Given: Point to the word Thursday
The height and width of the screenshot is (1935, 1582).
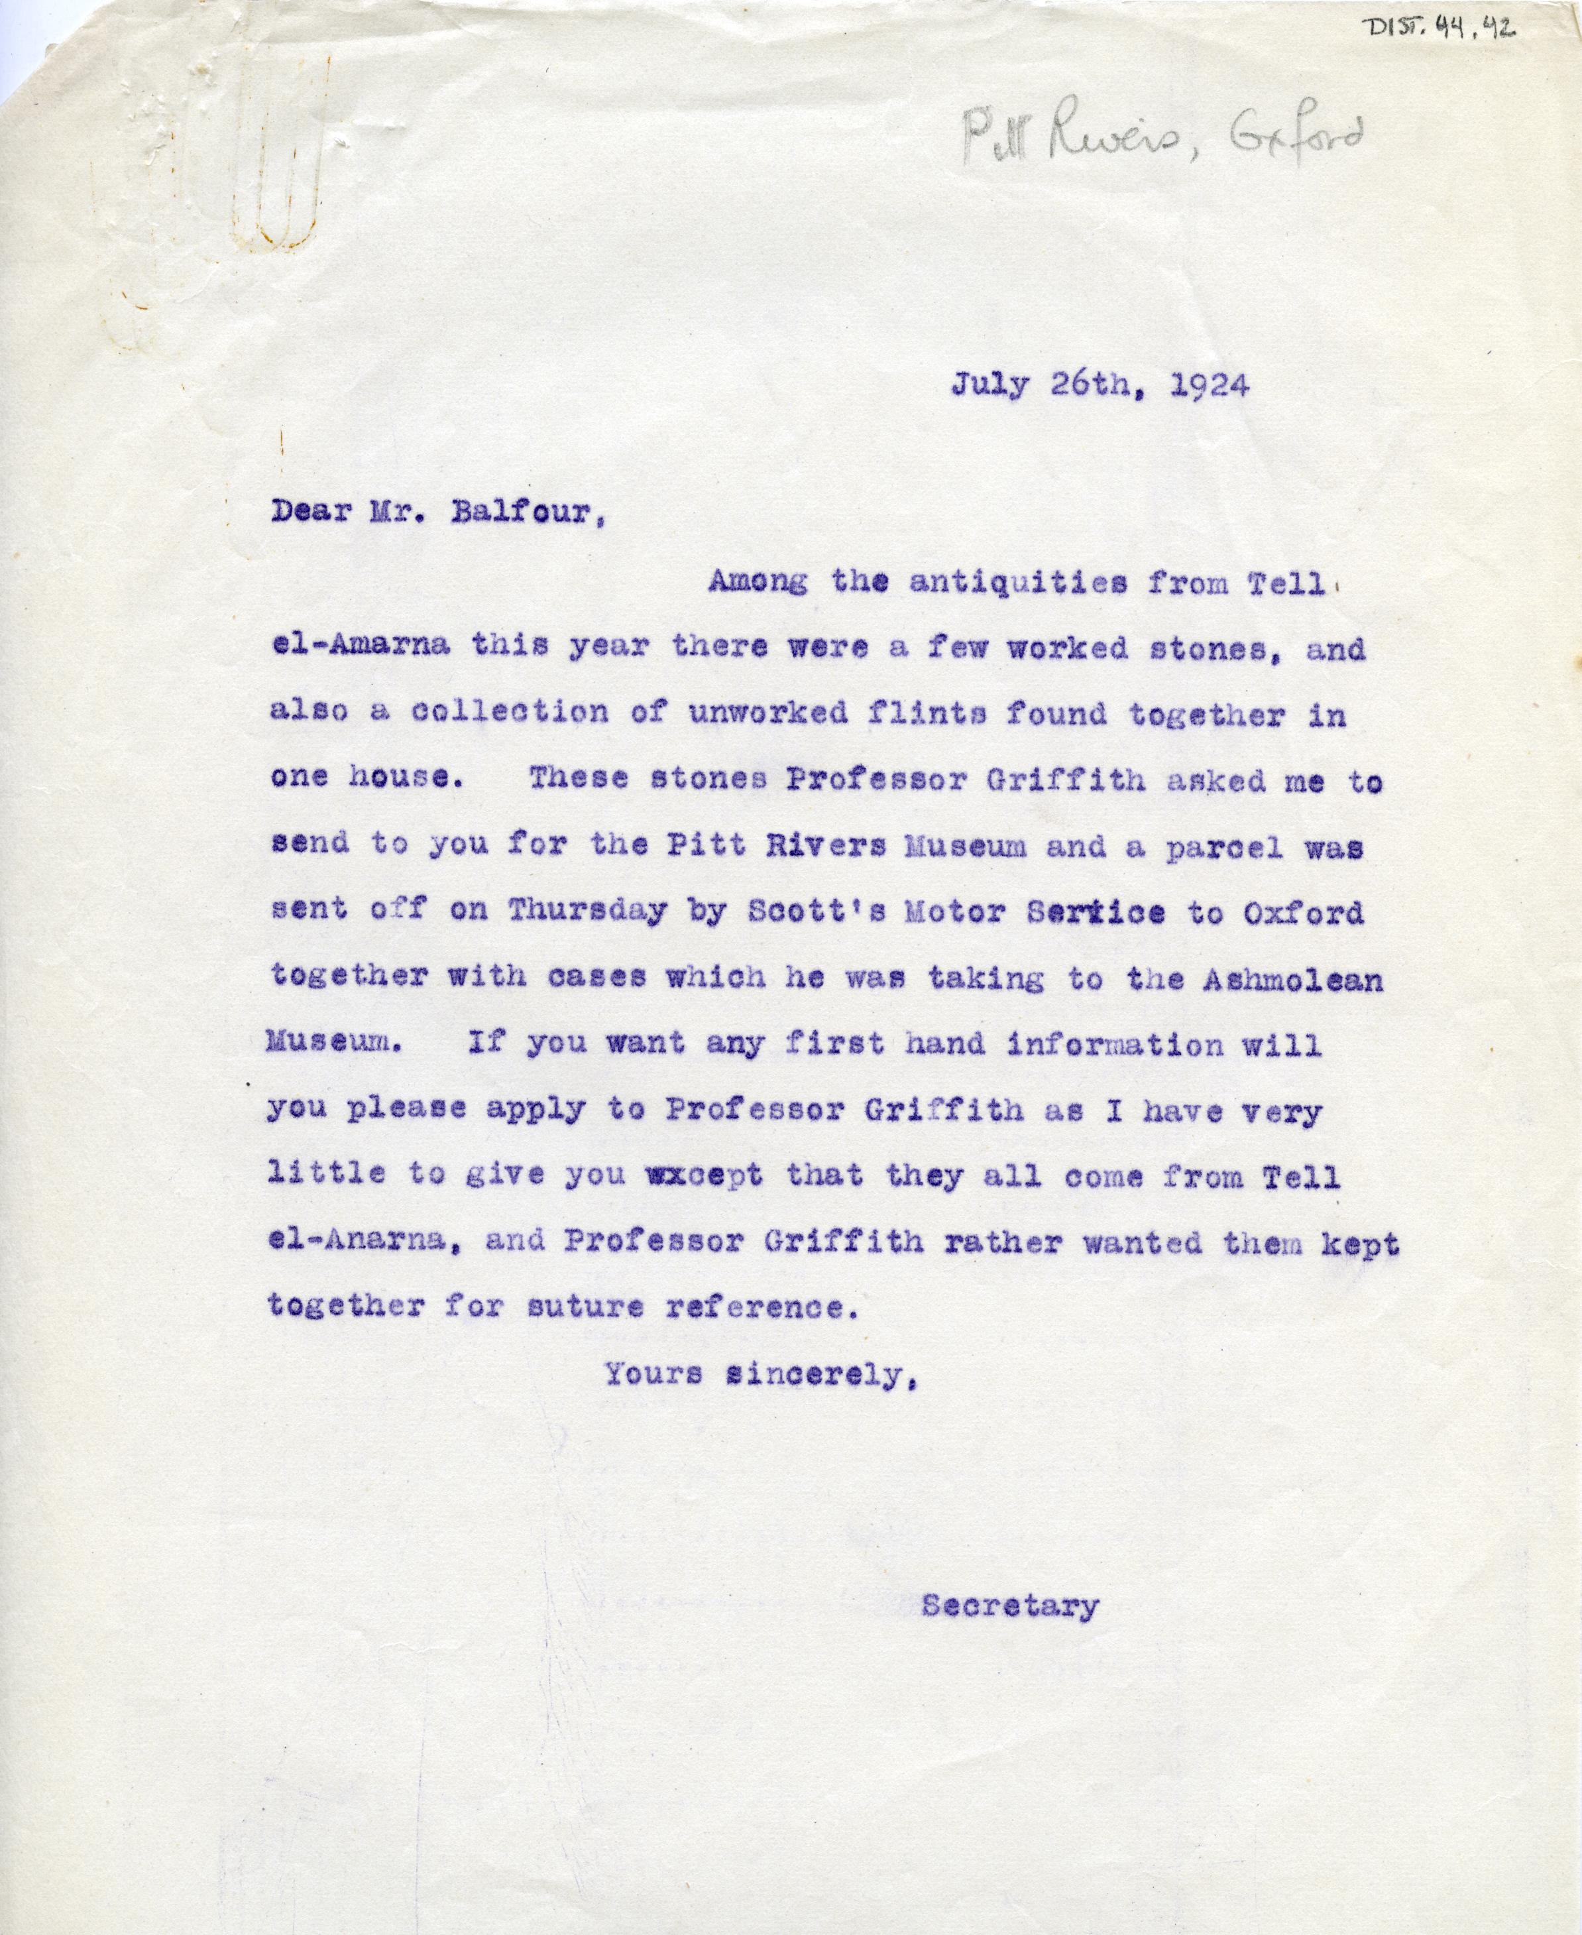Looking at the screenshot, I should [587, 911].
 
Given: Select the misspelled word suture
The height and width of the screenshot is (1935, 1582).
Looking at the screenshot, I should [585, 1307].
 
